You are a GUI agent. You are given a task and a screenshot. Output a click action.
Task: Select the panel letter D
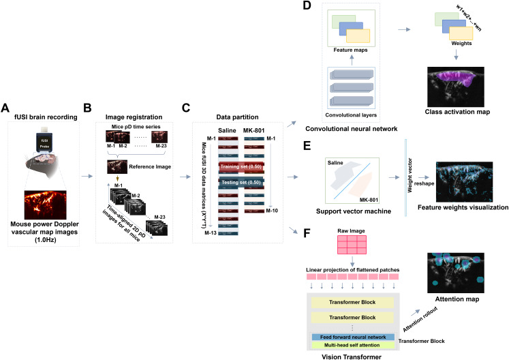[289, 6]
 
